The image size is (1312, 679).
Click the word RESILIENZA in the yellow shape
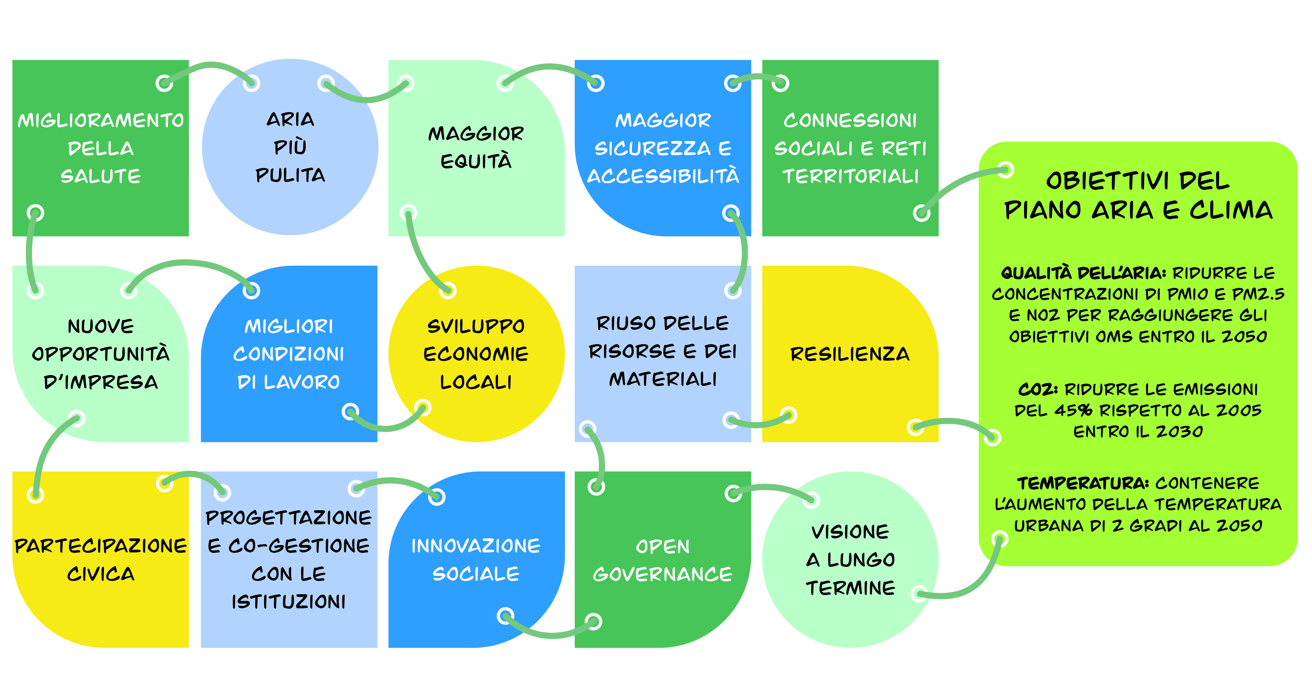(849, 354)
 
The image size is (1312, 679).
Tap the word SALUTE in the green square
(101, 176)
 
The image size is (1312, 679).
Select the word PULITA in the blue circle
(290, 175)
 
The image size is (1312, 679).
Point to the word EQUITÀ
(476, 161)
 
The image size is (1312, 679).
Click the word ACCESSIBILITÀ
(663, 176)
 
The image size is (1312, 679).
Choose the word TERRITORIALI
(851, 176)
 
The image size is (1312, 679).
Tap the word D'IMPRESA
(101, 382)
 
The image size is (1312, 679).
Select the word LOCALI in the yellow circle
(476, 382)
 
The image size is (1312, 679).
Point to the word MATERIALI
(663, 379)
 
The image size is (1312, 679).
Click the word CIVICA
(101, 574)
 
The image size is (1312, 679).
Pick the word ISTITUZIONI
(289, 602)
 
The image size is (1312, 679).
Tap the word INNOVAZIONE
(476, 546)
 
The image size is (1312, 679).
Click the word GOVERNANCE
(663, 574)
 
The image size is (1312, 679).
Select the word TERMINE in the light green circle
(851, 588)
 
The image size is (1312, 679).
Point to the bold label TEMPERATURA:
(1083, 483)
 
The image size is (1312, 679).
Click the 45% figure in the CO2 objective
(1073, 411)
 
